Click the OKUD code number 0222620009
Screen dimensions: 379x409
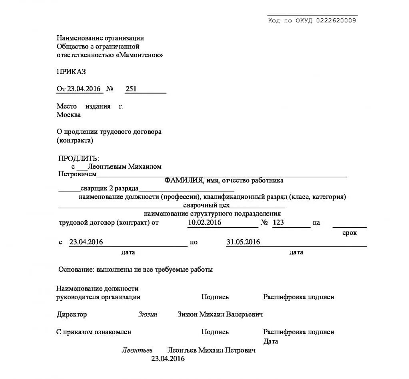pos(336,21)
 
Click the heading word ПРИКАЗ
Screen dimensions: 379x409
pos(71,72)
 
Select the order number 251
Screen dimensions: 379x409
pos(131,89)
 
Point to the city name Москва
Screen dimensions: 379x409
pos(69,115)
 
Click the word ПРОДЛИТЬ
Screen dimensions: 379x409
pos(78,159)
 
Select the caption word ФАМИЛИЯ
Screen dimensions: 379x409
pos(184,180)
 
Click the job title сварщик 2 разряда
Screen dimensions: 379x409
pos(109,188)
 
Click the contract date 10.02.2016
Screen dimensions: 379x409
pos(204,222)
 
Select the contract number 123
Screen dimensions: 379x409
pos(278,222)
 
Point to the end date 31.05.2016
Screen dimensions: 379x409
pos(243,242)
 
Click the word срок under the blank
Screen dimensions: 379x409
pos(349,233)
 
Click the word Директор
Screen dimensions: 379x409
pos(72,314)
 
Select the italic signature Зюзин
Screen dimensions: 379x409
pos(148,314)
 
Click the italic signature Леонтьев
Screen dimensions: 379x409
pos(137,350)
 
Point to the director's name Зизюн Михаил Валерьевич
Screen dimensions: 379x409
pos(220,314)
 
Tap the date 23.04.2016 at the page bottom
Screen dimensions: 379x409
pos(168,359)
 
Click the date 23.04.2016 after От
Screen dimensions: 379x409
pos(84,89)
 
